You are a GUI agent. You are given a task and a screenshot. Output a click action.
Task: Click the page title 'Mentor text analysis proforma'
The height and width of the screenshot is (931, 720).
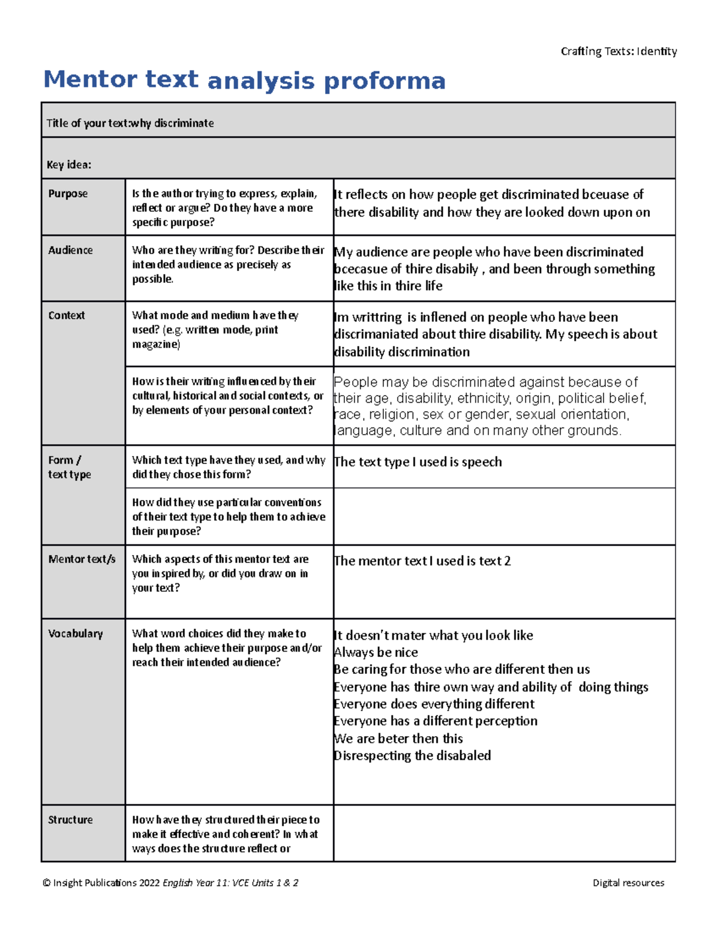pyautogui.click(x=244, y=80)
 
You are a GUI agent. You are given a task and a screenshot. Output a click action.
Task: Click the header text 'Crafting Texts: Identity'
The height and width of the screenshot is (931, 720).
pyautogui.click(x=619, y=52)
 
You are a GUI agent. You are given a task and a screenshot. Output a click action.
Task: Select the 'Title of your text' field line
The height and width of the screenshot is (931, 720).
pyautogui.click(x=130, y=123)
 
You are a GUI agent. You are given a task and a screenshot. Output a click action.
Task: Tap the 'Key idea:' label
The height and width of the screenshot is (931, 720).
pyautogui.click(x=69, y=165)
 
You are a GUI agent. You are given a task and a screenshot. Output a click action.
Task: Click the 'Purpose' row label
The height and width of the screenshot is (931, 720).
pyautogui.click(x=68, y=194)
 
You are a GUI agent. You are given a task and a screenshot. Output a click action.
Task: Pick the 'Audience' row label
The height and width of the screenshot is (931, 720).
pyautogui.click(x=70, y=250)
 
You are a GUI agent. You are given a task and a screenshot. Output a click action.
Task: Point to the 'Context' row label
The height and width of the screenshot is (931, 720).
pyautogui.click(x=67, y=315)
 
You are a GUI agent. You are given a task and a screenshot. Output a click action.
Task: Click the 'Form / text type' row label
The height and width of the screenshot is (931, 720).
pyautogui.click(x=70, y=467)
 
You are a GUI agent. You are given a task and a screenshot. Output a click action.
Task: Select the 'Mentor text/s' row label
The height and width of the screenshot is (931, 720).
pyautogui.click(x=82, y=559)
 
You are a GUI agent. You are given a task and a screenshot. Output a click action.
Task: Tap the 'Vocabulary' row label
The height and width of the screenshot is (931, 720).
pyautogui.click(x=76, y=634)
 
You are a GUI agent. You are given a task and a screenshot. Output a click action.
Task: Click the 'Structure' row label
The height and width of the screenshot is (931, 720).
pyautogui.click(x=70, y=819)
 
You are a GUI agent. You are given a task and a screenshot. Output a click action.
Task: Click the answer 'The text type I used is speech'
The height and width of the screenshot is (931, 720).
pyautogui.click(x=418, y=462)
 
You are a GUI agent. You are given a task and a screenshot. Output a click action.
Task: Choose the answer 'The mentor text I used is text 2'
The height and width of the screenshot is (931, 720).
pyautogui.click(x=422, y=561)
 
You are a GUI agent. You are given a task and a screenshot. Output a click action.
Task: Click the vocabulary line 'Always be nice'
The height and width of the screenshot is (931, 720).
pyautogui.click(x=376, y=652)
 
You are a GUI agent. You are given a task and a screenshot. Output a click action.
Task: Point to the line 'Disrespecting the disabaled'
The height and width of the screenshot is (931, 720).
pyautogui.click(x=412, y=755)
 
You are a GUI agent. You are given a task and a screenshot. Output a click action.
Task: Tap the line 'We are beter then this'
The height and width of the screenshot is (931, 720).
pyautogui.click(x=398, y=739)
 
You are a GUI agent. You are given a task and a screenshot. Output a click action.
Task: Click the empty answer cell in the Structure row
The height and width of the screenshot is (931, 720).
pyautogui.click(x=504, y=833)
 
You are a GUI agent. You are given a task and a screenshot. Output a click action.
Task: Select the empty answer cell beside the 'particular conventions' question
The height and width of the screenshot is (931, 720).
pyautogui.click(x=504, y=516)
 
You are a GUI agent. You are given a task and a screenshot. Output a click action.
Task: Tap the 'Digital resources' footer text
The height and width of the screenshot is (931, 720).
pyautogui.click(x=628, y=882)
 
